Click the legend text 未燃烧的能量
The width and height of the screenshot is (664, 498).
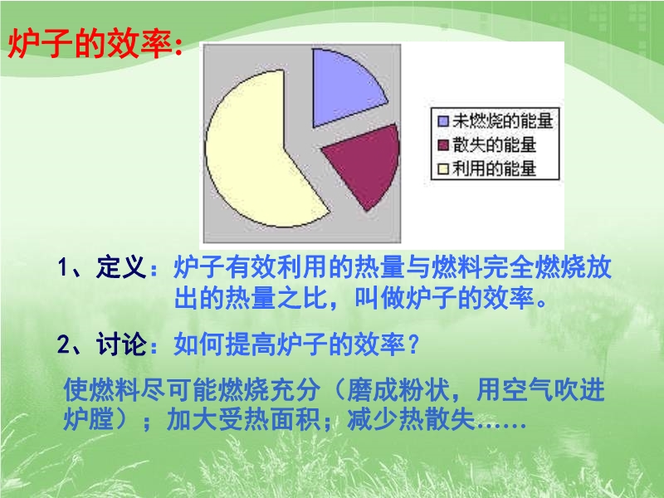tap(503, 120)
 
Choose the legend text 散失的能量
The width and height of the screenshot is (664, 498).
tap(494, 144)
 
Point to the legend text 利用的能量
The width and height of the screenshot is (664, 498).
tap(494, 168)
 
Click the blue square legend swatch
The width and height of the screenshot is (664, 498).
tap(443, 121)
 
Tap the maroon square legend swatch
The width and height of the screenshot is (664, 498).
tap(443, 145)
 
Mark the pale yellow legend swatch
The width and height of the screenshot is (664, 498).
tap(443, 169)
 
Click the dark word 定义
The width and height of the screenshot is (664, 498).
tap(121, 267)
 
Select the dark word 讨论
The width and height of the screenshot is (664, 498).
tap(121, 344)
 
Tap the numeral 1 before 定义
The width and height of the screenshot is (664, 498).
tap(63, 268)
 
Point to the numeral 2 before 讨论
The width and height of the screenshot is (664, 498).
tap(64, 344)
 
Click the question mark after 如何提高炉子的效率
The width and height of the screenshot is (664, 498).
tap(413, 344)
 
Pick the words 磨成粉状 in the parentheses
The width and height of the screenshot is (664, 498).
tap(398, 389)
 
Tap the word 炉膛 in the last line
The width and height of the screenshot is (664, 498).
tap(89, 420)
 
